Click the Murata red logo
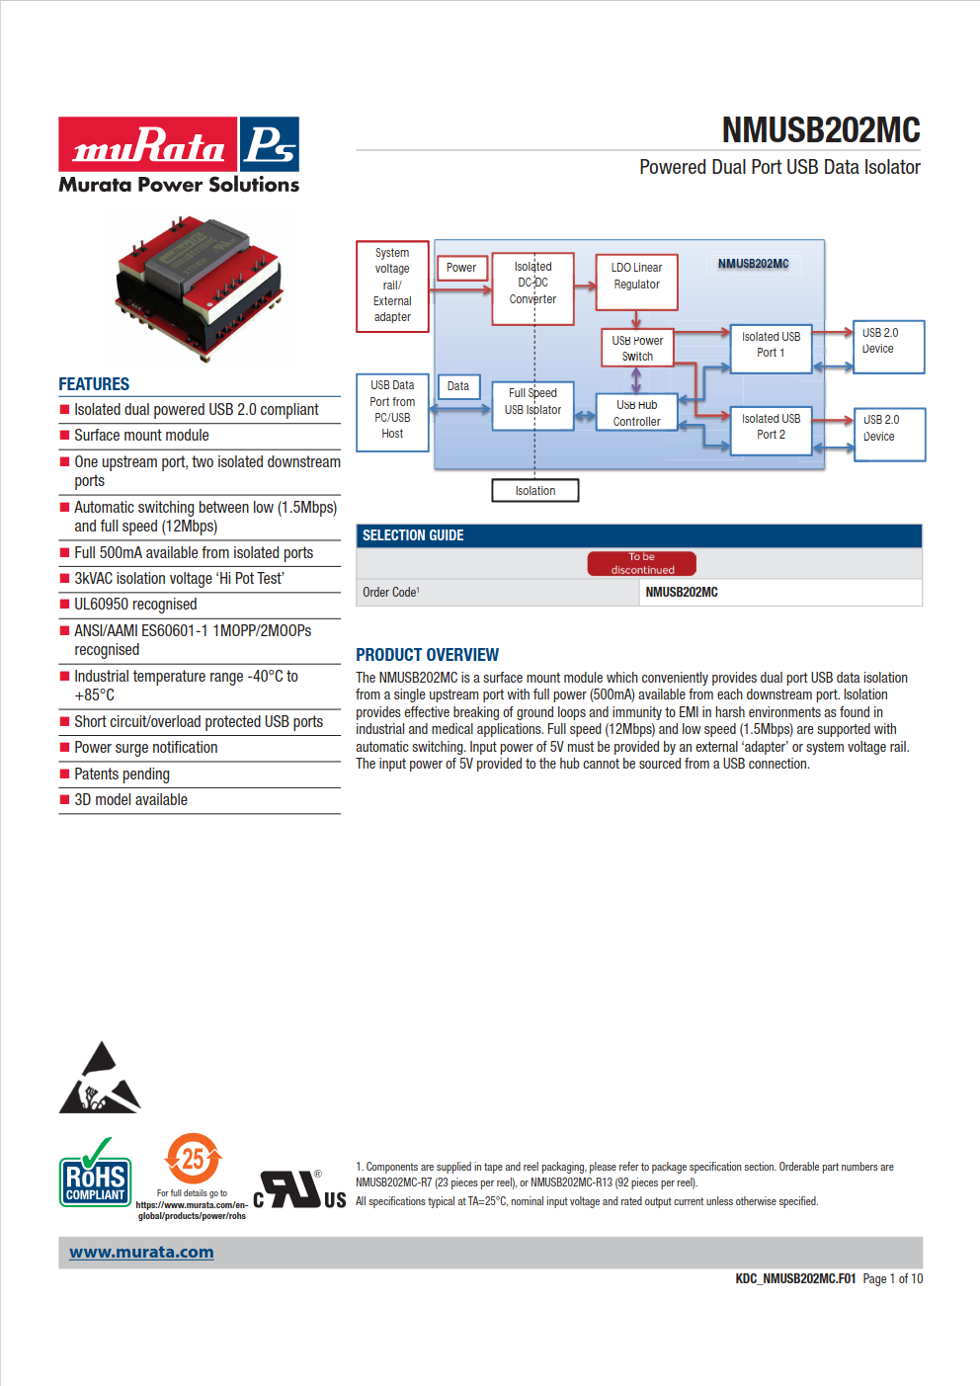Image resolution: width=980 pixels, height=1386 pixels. pos(148,145)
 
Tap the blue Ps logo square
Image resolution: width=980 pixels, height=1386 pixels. pos(270,145)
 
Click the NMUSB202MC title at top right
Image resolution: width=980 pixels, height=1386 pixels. pos(820,130)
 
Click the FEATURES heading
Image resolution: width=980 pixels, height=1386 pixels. pos(94,384)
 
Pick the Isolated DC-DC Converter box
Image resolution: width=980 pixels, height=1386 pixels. pos(532,287)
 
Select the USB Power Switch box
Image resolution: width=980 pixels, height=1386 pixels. pos(637,348)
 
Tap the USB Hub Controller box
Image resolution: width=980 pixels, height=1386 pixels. pos(636,413)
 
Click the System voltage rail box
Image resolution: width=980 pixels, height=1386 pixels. pos(392,285)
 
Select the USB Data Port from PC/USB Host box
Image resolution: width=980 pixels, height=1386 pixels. pos(392,411)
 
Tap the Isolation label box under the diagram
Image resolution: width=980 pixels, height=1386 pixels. pos(535,491)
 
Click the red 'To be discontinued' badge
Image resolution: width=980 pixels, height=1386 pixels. pos(642,563)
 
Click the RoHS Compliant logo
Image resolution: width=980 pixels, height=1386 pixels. pos(95,1176)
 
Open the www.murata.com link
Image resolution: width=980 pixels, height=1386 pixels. pos(141,1252)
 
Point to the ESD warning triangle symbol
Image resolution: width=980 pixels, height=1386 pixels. pos(99,1080)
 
